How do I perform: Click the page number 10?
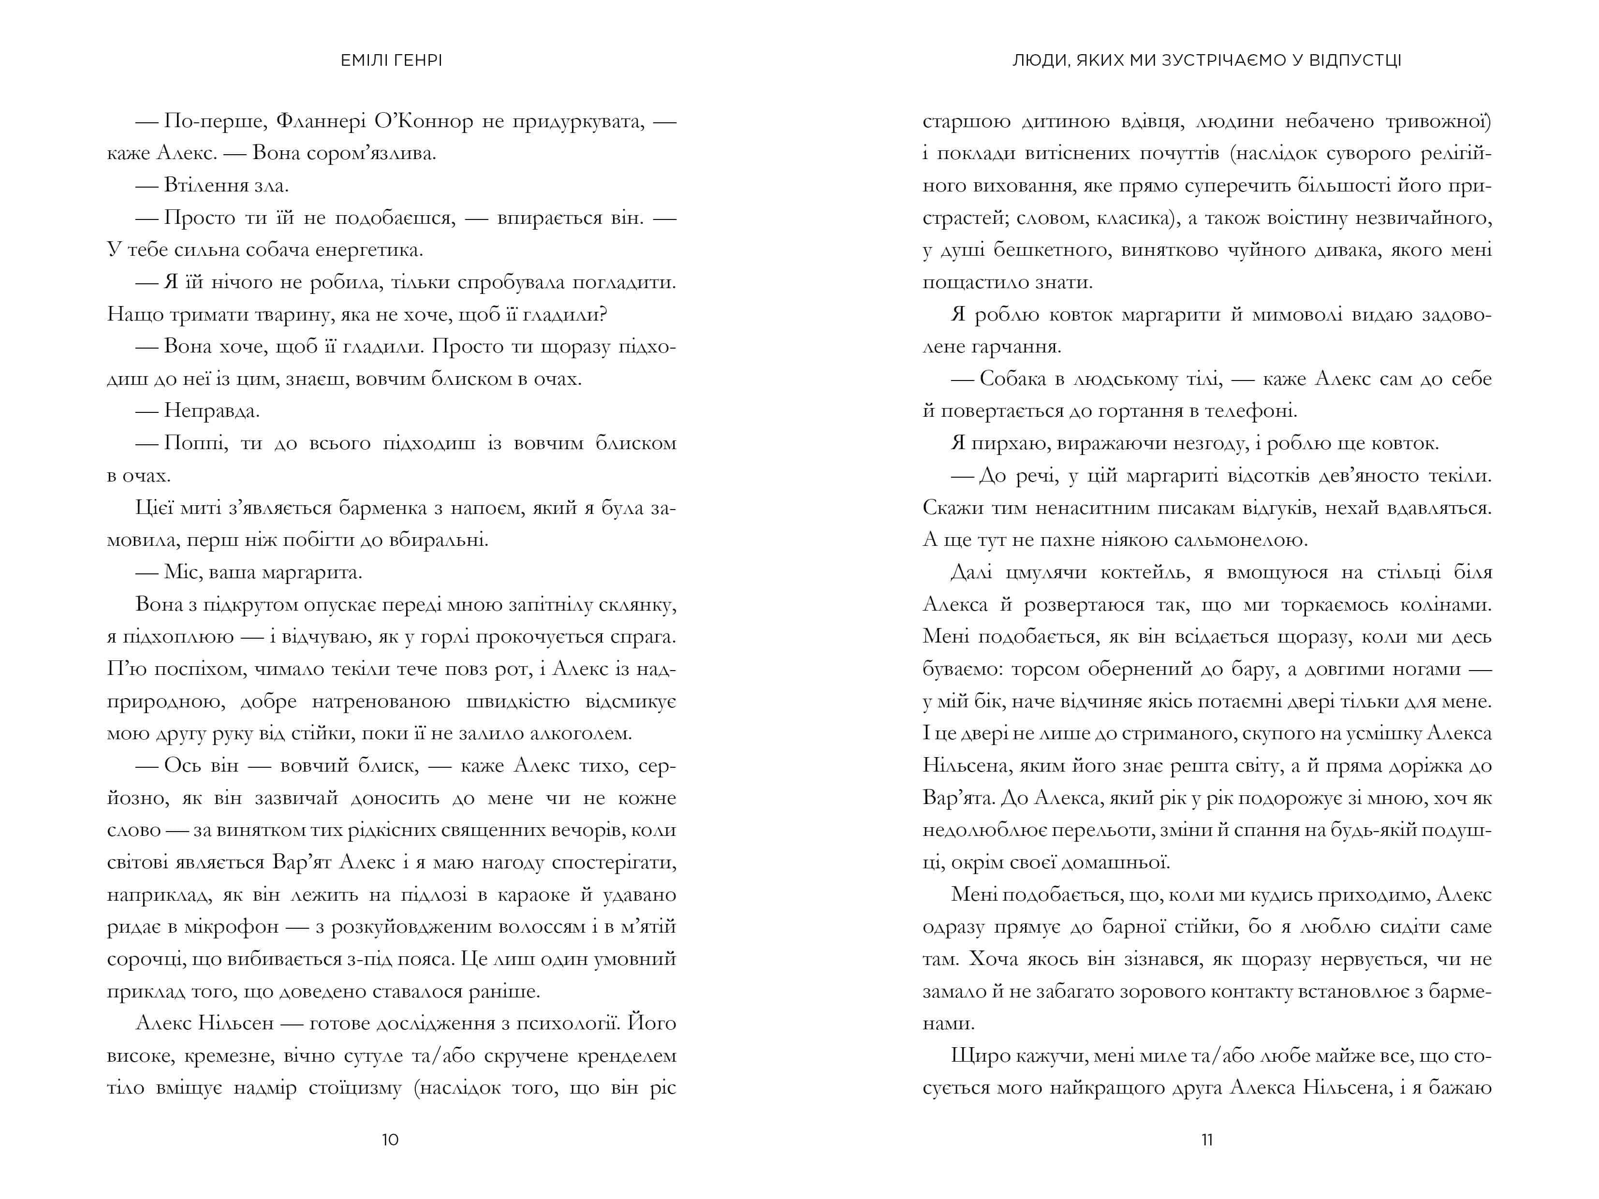390,1140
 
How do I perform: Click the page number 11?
1206,1140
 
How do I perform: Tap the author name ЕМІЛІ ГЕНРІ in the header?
391,61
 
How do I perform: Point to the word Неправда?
211,411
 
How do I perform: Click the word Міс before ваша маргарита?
176,572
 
